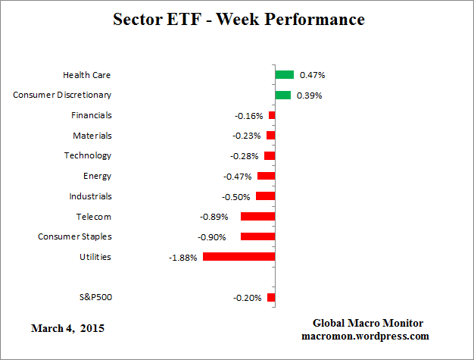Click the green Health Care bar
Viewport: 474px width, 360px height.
pyautogui.click(x=284, y=75)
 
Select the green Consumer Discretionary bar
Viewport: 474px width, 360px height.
pyautogui.click(x=282, y=95)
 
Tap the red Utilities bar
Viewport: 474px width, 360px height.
pyautogui.click(x=239, y=257)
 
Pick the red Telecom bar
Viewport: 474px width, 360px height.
pyautogui.click(x=257, y=217)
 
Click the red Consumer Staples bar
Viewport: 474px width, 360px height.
pyautogui.click(x=257, y=236)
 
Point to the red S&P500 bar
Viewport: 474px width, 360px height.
pyautogui.click(x=271, y=298)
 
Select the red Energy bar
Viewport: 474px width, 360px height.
pyautogui.click(x=266, y=176)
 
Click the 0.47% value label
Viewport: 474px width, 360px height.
pyautogui.click(x=313, y=75)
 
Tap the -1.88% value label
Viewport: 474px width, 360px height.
pyautogui.click(x=182, y=257)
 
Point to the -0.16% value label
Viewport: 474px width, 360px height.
pyautogui.click(x=248, y=116)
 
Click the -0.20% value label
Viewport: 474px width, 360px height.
pyautogui.click(x=247, y=298)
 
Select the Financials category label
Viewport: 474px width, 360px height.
pyautogui.click(x=91, y=115)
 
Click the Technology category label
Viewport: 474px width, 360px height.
pyautogui.click(x=87, y=155)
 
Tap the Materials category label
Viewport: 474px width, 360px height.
pyautogui.click(x=92, y=136)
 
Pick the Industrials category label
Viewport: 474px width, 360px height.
pyautogui.click(x=90, y=196)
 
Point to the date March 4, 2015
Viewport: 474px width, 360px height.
pyautogui.click(x=68, y=329)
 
